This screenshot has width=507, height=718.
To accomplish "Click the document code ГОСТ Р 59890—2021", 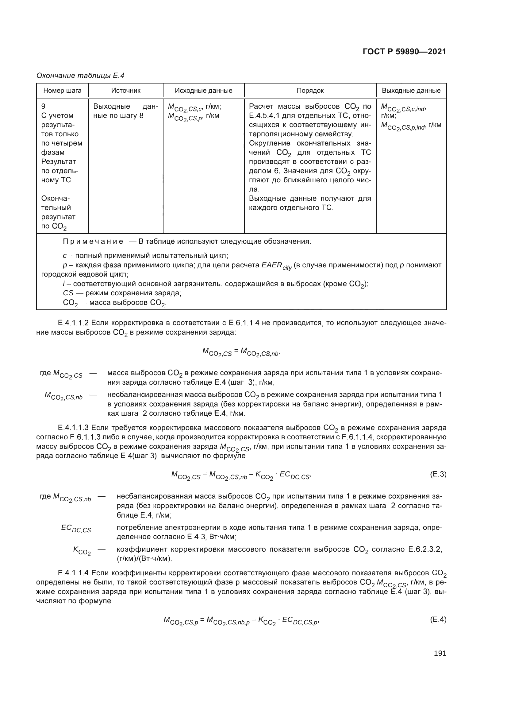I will point(404,52).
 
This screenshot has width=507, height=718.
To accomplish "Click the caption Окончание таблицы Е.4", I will point(80,76).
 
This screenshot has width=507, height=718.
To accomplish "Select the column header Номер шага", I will point(62,91).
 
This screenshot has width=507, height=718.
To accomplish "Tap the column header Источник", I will point(125,91).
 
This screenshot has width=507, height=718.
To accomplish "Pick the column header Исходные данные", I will point(203,91).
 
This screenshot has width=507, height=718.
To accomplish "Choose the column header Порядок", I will point(310,91).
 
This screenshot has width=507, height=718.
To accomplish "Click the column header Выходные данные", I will point(411,91).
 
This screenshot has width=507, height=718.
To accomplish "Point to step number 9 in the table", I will point(44,106).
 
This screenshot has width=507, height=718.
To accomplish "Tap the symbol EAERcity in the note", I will point(276,266).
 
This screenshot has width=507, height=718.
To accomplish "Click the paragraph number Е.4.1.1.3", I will point(74,428).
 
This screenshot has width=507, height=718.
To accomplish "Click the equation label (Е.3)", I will point(438,474).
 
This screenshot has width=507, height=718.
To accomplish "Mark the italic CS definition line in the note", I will point(122,293).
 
